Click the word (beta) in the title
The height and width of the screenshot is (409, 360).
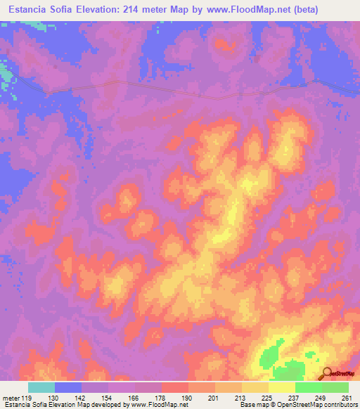point(283,9)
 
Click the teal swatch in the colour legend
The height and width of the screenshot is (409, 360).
point(41,387)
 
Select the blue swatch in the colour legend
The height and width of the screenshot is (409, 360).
point(68,387)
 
